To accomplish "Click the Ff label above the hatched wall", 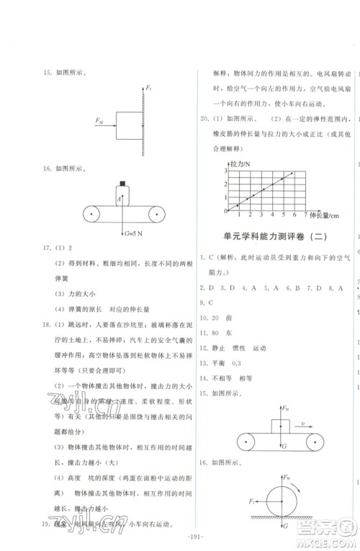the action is pyautogui.click(x=148, y=88).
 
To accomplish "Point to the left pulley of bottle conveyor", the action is pyautogui.click(x=92, y=214).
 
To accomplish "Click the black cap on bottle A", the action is pyautogui.click(x=123, y=182).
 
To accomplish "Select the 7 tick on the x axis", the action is pyautogui.click(x=306, y=215).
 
